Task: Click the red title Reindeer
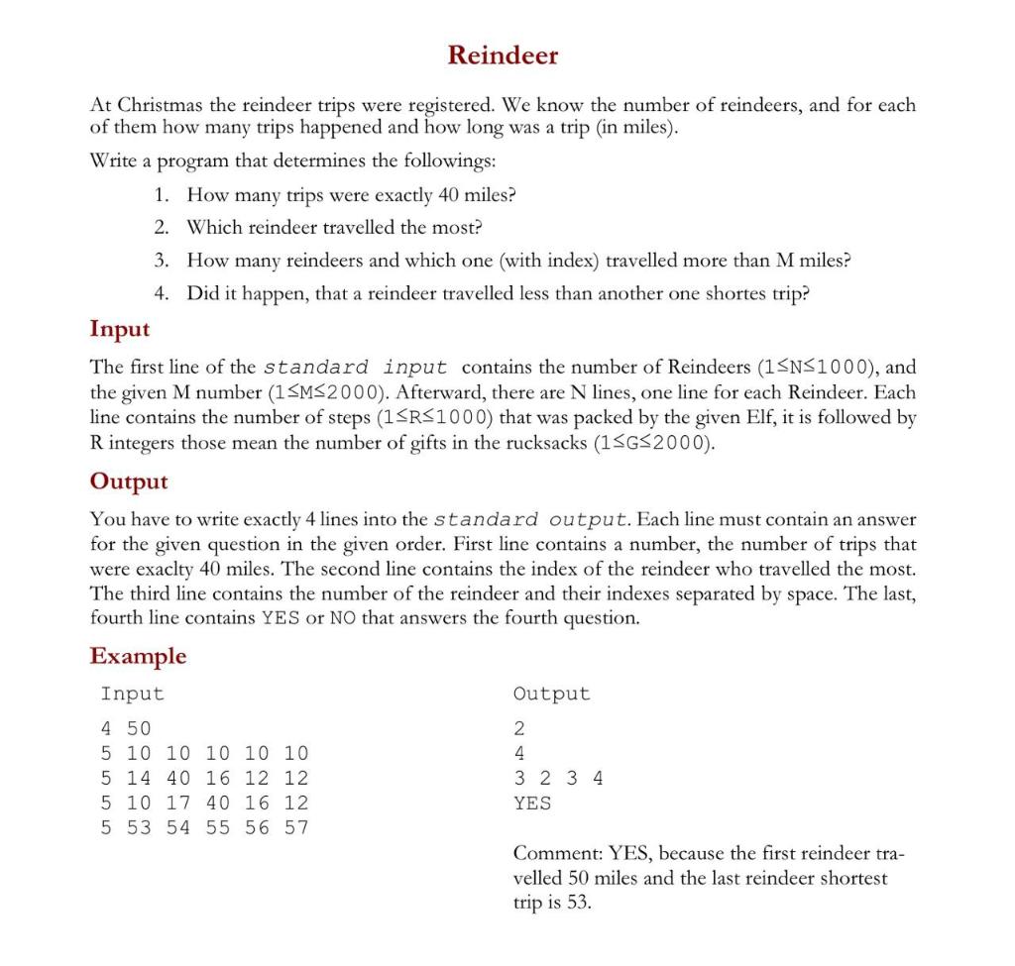(x=503, y=55)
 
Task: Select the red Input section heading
(x=120, y=328)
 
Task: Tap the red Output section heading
(x=129, y=481)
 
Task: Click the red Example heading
(x=138, y=655)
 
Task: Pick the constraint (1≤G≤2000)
(x=654, y=442)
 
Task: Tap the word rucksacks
(x=542, y=442)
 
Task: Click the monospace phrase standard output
(x=531, y=519)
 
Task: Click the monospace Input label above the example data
(x=132, y=694)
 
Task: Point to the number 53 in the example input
(x=139, y=828)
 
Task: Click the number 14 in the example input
(x=139, y=778)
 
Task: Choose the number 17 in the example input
(x=177, y=803)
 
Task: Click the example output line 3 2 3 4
(x=558, y=778)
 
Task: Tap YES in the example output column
(x=532, y=803)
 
